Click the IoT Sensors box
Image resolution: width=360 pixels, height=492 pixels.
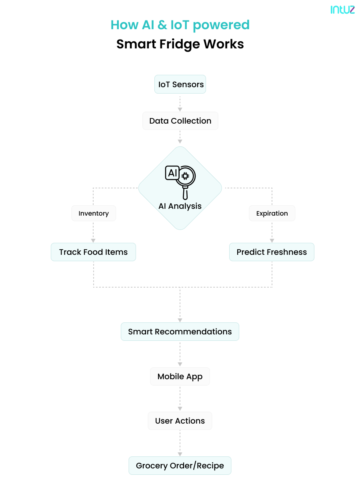coord(180,84)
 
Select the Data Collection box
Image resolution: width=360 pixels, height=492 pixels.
coord(180,121)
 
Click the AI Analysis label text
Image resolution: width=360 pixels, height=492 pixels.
coord(180,206)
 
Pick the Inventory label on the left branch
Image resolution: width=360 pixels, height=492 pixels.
coord(94,213)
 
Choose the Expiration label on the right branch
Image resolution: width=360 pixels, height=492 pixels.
coord(272,213)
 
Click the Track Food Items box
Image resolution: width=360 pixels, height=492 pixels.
coord(93,252)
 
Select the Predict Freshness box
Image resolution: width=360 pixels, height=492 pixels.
coord(272,252)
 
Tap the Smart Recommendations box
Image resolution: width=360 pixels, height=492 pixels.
coord(180,332)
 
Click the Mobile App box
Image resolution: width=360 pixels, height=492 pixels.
coord(180,376)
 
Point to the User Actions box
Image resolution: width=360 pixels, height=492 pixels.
coord(180,421)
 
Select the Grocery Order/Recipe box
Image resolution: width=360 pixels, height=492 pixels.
coord(180,466)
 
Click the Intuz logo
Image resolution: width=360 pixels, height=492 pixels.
coord(342,10)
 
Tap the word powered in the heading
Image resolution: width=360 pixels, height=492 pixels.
coord(221,25)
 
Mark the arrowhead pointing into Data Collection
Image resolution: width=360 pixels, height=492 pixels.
coord(180,110)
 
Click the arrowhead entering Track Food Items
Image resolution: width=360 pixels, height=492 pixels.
coord(93,241)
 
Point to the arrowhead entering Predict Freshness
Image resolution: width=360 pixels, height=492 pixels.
coord(272,241)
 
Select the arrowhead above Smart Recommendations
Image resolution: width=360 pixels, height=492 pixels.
coord(180,320)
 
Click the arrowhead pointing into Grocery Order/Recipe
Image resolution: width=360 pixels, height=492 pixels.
coord(180,454)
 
